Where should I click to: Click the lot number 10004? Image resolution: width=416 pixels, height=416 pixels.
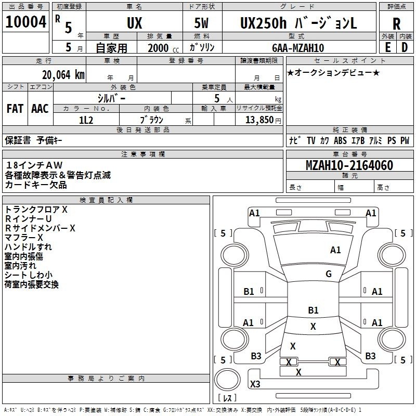[x=25, y=22]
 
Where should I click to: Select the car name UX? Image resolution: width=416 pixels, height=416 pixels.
[x=134, y=23]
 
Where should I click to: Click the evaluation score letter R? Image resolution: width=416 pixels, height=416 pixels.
[x=396, y=24]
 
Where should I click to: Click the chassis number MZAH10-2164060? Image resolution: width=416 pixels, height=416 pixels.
[x=349, y=166]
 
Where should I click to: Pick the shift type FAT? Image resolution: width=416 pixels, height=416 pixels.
[x=15, y=108]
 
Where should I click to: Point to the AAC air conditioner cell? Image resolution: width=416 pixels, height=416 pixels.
[x=40, y=108]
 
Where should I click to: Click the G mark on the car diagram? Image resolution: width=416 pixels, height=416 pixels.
[x=329, y=274]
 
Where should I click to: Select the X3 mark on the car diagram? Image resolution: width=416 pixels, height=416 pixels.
[x=255, y=384]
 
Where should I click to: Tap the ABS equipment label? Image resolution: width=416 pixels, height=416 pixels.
[x=340, y=140]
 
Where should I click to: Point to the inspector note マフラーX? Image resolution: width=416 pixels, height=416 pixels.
[x=25, y=237]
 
